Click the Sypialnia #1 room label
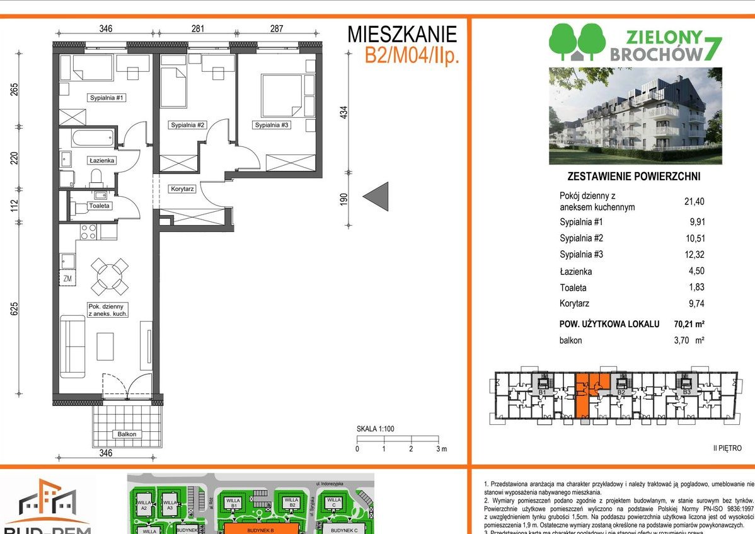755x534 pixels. coord(109,98)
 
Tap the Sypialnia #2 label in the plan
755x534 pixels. coord(188,125)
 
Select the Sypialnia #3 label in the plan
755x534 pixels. coord(272,125)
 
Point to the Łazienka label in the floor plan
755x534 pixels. coord(101,161)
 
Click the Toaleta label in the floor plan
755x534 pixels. coord(100,206)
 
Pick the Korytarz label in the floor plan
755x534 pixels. coord(182,189)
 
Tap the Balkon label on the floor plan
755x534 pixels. coord(126,434)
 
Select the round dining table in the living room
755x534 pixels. coord(110,277)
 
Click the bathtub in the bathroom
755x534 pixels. coord(92,137)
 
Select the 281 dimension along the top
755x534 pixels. coord(197,28)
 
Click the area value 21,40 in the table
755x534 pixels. coord(694,202)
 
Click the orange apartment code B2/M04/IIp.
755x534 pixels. coord(412,55)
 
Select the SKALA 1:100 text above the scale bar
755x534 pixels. coord(376,429)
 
